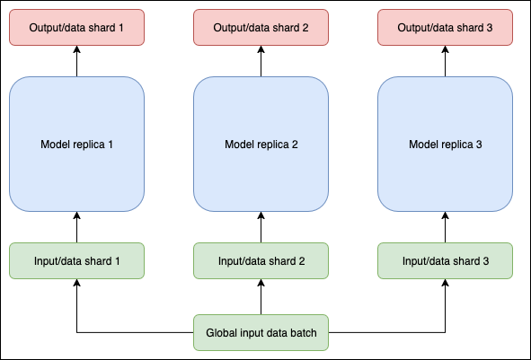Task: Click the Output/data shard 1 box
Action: tap(76, 27)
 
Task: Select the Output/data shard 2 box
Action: tap(261, 27)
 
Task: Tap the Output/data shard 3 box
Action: tap(446, 27)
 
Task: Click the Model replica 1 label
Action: tap(76, 145)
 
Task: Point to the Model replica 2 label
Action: tap(261, 145)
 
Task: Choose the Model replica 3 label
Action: tap(446, 145)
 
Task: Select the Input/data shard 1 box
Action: tap(76, 260)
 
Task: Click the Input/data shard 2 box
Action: tap(261, 260)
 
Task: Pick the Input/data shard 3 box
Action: tap(446, 260)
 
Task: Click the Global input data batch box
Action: tap(261, 333)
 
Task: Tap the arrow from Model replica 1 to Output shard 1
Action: tap(76, 62)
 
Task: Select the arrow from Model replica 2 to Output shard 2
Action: tap(261, 62)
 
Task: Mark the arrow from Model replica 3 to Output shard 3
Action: tap(446, 62)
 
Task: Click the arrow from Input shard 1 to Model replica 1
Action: tap(76, 227)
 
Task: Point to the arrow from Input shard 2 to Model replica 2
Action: tap(261, 227)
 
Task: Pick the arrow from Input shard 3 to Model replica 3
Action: tap(446, 227)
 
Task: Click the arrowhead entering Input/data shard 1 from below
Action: tap(76, 284)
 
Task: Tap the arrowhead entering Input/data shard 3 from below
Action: tap(446, 284)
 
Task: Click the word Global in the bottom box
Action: tap(222, 333)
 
